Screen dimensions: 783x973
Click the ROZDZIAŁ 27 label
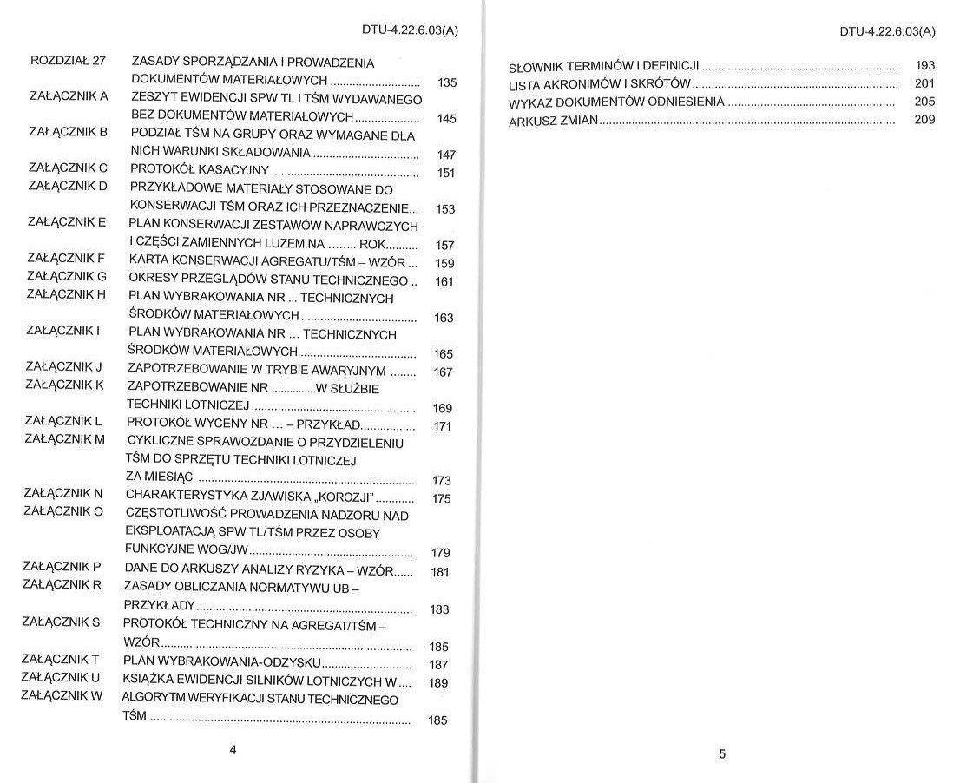pos(68,62)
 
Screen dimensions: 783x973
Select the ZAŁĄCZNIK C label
pos(68,168)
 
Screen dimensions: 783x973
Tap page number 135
pos(447,83)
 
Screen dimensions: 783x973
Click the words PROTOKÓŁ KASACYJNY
pos(200,170)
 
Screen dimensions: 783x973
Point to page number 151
pos(446,173)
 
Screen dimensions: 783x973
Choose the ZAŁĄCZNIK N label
pos(63,493)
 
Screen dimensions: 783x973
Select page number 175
pos(441,498)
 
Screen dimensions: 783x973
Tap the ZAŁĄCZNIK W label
pos(62,695)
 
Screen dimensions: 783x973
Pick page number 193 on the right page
pos(925,65)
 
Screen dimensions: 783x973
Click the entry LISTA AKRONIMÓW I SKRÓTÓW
pos(599,84)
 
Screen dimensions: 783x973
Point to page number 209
pos(925,120)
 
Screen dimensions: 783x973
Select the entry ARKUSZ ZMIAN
pos(553,121)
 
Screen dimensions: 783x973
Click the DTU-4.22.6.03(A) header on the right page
pos(887,32)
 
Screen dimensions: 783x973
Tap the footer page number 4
pos(233,749)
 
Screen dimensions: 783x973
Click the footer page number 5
pos(722,753)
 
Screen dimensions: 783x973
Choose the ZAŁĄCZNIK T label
pos(61,659)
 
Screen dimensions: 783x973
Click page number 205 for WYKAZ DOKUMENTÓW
pos(925,102)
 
